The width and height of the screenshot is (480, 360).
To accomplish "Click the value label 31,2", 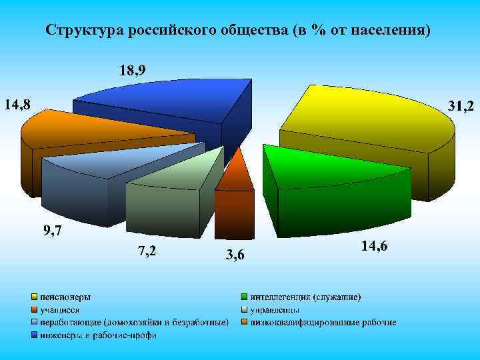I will coord(461,106).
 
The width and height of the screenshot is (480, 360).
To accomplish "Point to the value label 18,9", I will coord(133,70).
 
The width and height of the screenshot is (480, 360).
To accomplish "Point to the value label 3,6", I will coord(235,255).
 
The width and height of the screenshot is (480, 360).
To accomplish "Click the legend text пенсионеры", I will coord(65,296).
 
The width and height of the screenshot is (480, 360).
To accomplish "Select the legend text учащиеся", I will coord(60,309).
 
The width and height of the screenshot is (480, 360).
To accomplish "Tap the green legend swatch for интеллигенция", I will coord(245,296).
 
